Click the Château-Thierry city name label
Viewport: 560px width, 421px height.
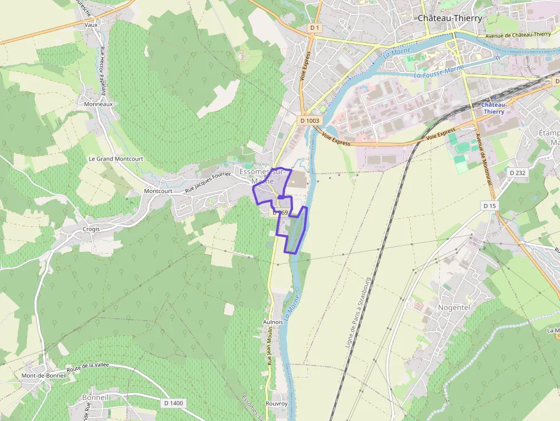[450, 18]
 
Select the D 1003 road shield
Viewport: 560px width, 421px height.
[310, 121]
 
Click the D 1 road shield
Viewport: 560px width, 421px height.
[314, 27]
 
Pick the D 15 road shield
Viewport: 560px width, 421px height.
[489, 206]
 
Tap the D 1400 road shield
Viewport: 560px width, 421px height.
[174, 403]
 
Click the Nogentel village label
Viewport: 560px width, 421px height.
[454, 307]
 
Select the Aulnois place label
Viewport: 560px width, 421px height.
[273, 322]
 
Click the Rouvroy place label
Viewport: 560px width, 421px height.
[277, 404]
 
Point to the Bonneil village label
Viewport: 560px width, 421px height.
[95, 397]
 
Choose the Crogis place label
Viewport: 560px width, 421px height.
[90, 229]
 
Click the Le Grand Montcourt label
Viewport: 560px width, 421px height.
[116, 159]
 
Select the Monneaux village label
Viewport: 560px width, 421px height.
[98, 105]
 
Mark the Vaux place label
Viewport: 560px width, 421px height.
[91, 25]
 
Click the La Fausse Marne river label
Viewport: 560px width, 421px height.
[439, 73]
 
